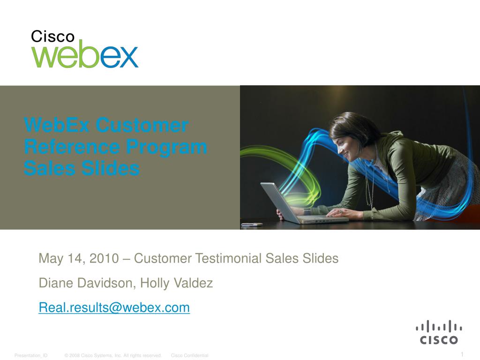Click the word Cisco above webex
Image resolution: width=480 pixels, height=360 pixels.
[52, 37]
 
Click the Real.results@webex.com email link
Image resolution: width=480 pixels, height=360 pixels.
[114, 307]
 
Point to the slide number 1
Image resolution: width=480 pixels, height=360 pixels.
[462, 354]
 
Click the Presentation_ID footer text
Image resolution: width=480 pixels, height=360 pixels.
[31, 356]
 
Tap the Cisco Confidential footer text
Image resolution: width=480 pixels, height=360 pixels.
[189, 356]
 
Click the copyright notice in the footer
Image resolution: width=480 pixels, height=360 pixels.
[113, 356]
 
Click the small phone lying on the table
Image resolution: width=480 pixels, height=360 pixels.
[252, 225]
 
